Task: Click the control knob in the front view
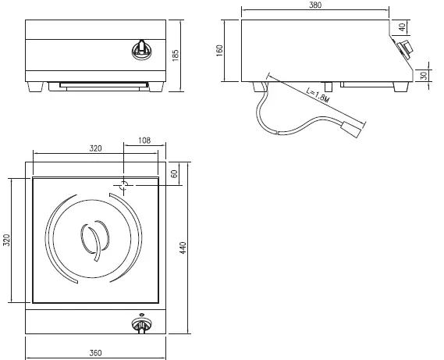click(142, 48)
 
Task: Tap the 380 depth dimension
click(314, 5)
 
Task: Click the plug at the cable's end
click(352, 127)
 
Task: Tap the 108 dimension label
click(144, 141)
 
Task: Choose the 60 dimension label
click(175, 173)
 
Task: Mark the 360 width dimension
click(94, 354)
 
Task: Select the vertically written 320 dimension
click(6, 240)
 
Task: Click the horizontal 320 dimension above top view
click(94, 148)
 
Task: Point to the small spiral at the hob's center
click(92, 238)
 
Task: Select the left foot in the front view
click(35, 85)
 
